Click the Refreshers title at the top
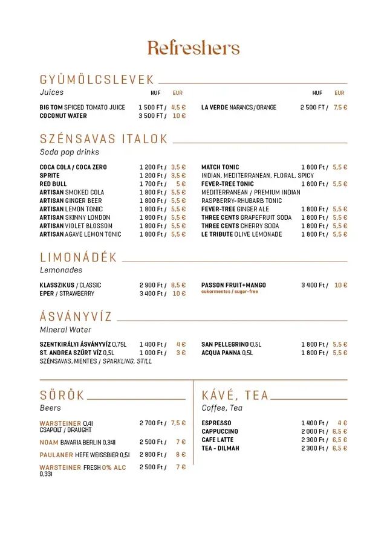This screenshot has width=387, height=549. (x=193, y=48)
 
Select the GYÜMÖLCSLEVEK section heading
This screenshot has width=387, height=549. (x=97, y=80)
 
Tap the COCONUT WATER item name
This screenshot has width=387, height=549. (x=63, y=116)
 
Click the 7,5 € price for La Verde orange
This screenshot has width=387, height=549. (x=340, y=108)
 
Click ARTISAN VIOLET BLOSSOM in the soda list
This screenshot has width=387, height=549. (x=76, y=226)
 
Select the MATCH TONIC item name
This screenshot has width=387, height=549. (x=220, y=167)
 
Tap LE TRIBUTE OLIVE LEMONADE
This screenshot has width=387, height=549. (x=242, y=234)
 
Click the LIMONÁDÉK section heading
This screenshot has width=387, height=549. (x=79, y=258)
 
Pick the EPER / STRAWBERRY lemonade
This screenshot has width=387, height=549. (x=67, y=294)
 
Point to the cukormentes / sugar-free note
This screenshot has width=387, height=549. (x=230, y=292)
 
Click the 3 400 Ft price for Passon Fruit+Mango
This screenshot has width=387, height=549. (x=314, y=285)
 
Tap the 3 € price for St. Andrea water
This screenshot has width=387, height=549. (x=181, y=353)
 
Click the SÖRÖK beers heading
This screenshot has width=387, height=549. (x=62, y=396)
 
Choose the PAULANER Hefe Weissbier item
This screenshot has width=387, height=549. (x=85, y=455)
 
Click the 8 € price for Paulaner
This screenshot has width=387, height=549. (x=181, y=455)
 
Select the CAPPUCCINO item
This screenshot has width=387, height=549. (x=220, y=432)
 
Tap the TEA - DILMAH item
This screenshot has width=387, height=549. (x=220, y=449)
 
